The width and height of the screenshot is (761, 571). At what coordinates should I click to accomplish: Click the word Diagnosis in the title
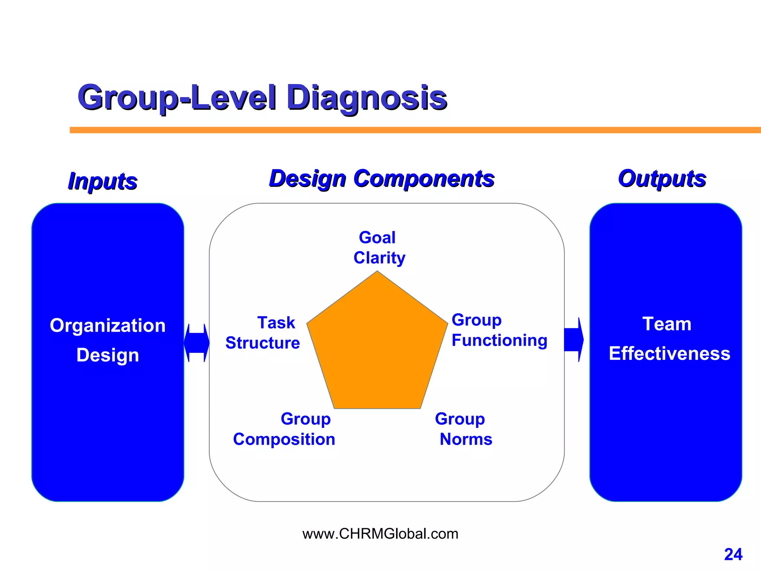366,97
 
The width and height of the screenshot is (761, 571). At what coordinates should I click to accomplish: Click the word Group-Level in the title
177,97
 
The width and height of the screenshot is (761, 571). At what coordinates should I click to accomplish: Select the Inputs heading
103,181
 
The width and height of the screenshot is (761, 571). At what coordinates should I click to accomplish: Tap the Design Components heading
382,178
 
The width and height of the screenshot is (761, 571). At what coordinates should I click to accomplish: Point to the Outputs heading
662,178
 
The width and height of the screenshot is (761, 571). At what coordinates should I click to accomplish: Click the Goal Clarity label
379,248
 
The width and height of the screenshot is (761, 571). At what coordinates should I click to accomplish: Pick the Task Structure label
263,333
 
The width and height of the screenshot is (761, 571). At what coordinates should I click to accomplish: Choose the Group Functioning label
499,330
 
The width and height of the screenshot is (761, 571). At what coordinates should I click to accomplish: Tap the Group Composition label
284,429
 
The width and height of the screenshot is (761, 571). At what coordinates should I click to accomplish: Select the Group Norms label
463,429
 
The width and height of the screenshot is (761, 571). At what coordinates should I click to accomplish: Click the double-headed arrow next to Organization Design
197,343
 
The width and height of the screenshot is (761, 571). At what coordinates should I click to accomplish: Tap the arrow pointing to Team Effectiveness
573,339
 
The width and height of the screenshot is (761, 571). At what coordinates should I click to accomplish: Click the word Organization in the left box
108,326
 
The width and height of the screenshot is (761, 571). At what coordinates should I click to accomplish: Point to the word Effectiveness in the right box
669,354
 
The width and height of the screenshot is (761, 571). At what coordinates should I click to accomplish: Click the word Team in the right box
667,324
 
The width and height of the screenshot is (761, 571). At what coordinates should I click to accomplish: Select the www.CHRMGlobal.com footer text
380,534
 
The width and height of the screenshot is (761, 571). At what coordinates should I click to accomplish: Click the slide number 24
733,554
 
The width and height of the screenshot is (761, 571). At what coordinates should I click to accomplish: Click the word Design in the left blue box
108,355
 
